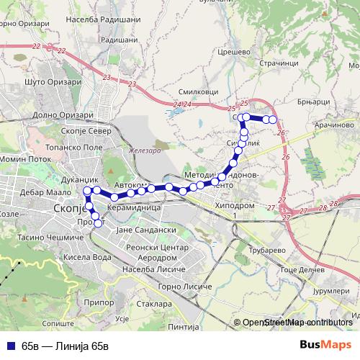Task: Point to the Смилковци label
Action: (x=202, y=93)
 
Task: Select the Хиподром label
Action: (x=235, y=205)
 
